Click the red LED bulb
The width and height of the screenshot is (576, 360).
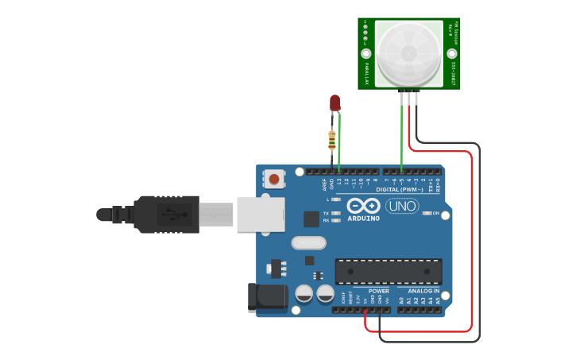(334, 102)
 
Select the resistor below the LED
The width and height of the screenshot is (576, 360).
(331, 141)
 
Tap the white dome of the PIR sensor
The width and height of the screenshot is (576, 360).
(408, 53)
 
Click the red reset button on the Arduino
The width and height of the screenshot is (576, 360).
(274, 179)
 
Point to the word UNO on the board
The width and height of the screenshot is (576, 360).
(402, 206)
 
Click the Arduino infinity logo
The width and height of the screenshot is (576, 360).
(363, 205)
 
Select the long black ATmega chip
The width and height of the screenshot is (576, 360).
(389, 271)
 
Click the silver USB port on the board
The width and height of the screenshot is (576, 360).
(261, 215)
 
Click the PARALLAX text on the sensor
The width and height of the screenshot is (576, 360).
(366, 73)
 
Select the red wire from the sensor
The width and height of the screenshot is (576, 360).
(472, 238)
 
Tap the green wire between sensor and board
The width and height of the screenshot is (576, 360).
(402, 135)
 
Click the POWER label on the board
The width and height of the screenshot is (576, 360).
(379, 291)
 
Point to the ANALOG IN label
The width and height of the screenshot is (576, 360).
(423, 291)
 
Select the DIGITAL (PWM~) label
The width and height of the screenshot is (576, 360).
(399, 190)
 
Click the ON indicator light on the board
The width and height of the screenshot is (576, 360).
(427, 213)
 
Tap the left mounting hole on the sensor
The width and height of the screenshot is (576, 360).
(366, 54)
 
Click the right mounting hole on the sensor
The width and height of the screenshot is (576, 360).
(451, 54)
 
